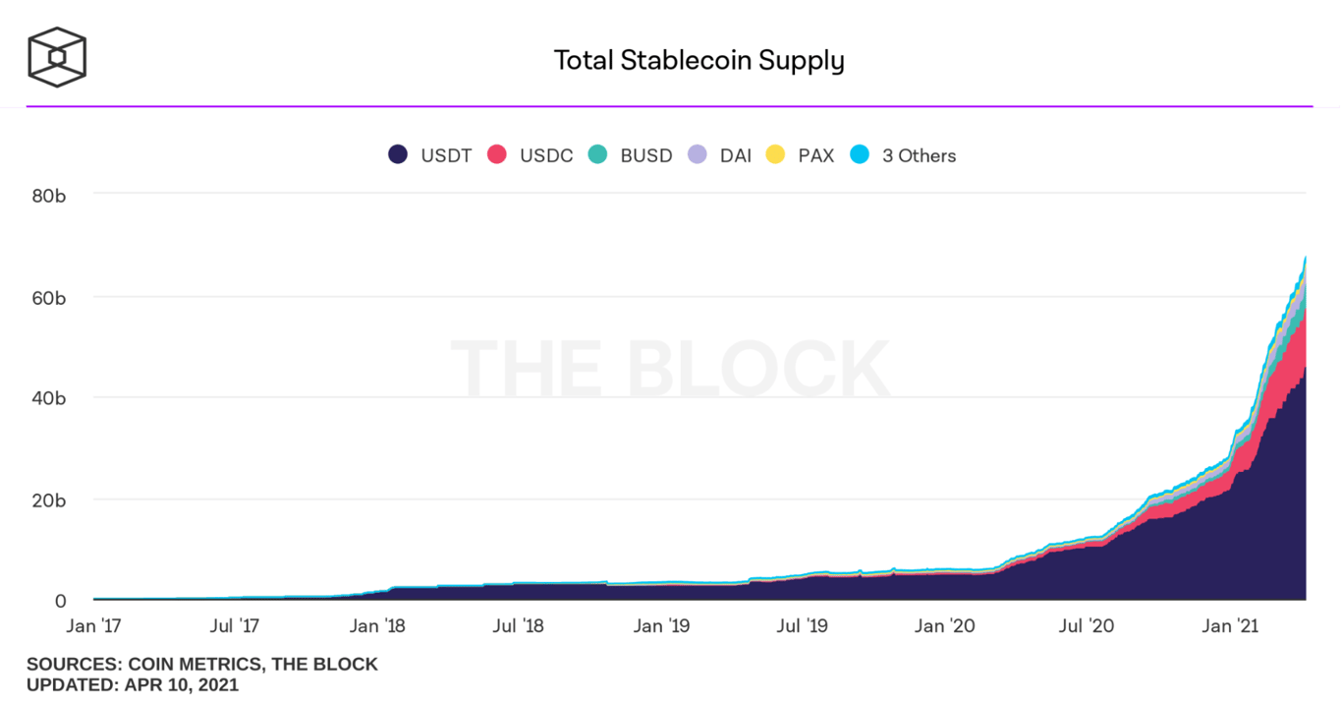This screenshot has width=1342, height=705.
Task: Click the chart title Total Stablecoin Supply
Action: [x=699, y=60]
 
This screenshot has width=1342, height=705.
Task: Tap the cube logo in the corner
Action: [x=57, y=56]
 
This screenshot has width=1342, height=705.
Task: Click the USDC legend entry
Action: [x=531, y=155]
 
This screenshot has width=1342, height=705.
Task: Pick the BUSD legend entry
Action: [x=631, y=155]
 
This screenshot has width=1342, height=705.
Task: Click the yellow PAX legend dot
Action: [x=776, y=154]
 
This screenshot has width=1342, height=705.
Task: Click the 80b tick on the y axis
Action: [x=49, y=195]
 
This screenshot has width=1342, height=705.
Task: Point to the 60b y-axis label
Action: [x=49, y=297]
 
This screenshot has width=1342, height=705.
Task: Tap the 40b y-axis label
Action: [x=49, y=398]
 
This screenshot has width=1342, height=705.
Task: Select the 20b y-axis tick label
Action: [x=49, y=499]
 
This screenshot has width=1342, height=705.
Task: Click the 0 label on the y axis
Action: [x=60, y=601]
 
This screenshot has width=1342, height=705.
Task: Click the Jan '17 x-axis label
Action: [x=94, y=625]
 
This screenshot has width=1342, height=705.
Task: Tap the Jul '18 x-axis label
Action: [x=518, y=625]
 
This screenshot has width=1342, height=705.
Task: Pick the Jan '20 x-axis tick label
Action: [x=943, y=625]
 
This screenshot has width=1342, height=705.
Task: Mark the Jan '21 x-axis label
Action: [x=1231, y=625]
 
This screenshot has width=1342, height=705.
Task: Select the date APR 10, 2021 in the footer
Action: [x=181, y=684]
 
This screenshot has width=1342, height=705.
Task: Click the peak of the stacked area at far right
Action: [x=1305, y=259]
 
